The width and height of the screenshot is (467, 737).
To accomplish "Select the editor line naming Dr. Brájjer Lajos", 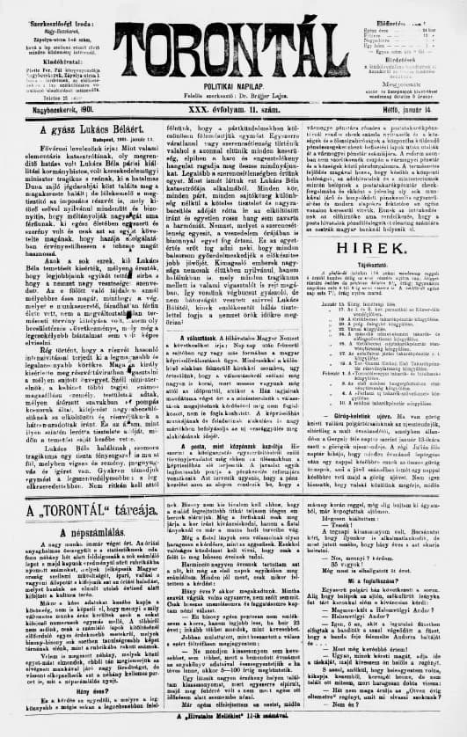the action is (234, 90).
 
